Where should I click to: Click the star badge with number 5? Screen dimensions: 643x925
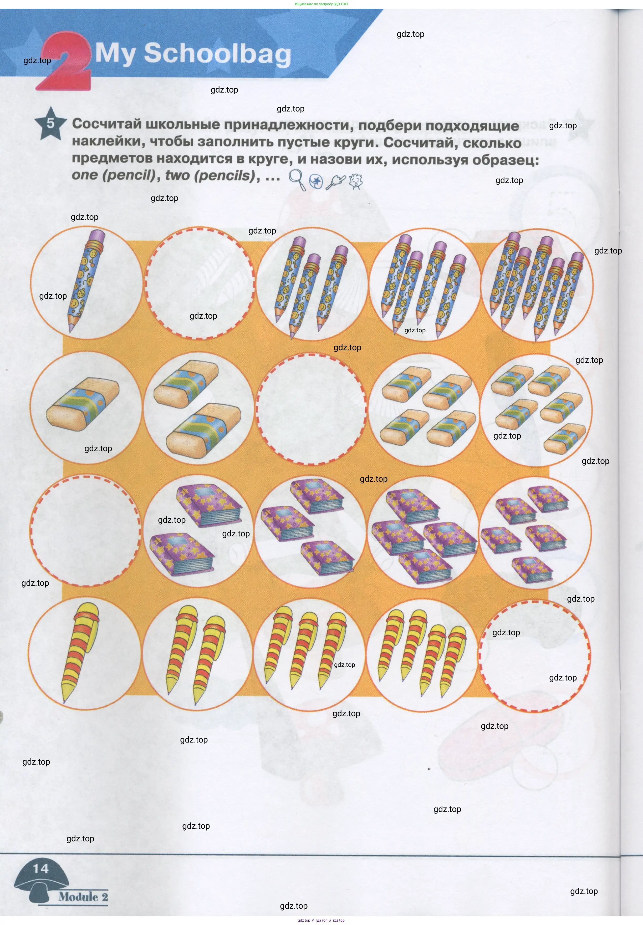click(x=50, y=123)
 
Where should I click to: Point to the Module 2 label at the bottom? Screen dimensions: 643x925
click(x=83, y=897)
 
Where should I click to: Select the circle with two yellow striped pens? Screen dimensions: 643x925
click(x=198, y=655)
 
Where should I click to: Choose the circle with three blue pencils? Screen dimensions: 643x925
click(x=312, y=284)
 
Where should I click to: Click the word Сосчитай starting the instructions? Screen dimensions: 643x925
click(x=107, y=124)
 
